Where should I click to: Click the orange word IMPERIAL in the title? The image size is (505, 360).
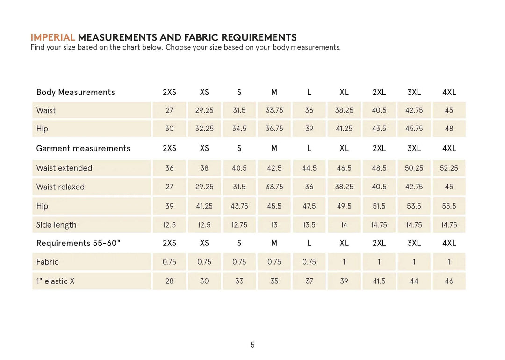point(53,37)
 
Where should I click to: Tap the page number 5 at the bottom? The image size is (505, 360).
point(252,345)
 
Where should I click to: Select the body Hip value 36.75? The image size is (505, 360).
point(274,129)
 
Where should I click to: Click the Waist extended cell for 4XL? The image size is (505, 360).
point(449,168)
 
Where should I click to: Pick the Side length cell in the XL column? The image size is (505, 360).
point(344,225)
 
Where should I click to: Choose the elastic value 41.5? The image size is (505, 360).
point(379,281)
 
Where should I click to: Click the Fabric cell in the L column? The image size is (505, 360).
point(309,262)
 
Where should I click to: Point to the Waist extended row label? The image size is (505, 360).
point(64,168)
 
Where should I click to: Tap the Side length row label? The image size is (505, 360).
point(56,225)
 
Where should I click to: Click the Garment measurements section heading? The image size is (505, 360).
point(83,148)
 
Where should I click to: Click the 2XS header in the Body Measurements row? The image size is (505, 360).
point(169,92)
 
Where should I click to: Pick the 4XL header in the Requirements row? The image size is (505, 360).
point(449,243)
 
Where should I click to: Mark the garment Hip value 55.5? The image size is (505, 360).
point(449,206)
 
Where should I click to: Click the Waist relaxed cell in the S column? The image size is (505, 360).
point(239,187)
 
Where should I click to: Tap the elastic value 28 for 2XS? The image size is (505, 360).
point(169,281)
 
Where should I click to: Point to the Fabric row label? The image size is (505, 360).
point(48,262)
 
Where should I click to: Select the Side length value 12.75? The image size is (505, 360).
point(239,225)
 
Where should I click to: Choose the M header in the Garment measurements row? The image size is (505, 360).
point(274,148)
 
